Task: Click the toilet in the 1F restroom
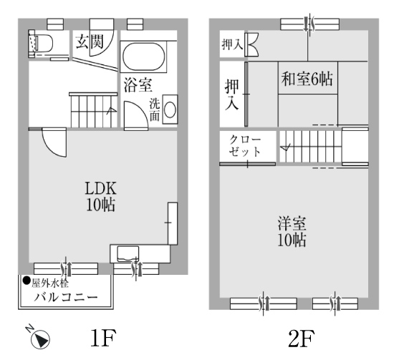point(41,43)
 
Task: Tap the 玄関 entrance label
point(90,42)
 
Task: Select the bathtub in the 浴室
point(144,57)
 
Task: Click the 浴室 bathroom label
point(138,85)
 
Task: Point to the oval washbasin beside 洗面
point(170,110)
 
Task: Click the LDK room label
point(101,188)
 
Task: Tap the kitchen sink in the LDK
point(128,254)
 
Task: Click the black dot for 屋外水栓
point(27,281)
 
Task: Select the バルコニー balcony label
point(66,298)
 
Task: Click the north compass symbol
point(40,340)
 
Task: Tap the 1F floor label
point(103,337)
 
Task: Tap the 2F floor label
point(301,337)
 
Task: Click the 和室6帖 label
point(307,79)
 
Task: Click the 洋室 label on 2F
point(292,223)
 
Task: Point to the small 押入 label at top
point(232,45)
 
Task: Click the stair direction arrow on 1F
point(111,111)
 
